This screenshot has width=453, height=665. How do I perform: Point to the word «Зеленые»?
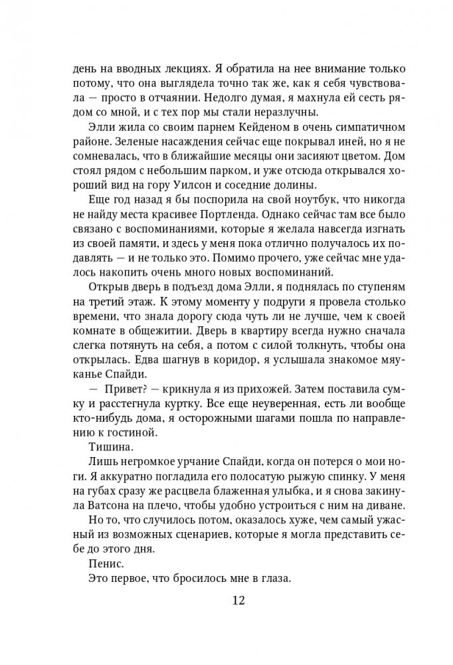tap(102, 142)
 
